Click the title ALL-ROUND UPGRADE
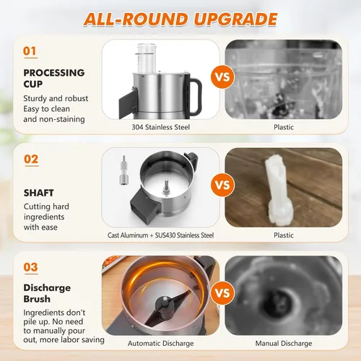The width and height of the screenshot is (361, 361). [x=180, y=19]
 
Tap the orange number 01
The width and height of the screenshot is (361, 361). [x=30, y=51]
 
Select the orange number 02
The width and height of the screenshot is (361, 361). [x=31, y=160]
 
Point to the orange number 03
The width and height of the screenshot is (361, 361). [x=30, y=267]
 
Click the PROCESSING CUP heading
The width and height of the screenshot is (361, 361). [x=54, y=78]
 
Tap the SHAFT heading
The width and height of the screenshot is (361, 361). [x=39, y=193]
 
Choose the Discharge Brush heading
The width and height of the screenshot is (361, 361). [x=47, y=293]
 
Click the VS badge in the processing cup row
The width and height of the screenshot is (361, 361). [x=222, y=77]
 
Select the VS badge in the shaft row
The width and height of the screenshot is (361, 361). [x=222, y=185]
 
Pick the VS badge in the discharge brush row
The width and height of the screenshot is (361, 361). [x=222, y=293]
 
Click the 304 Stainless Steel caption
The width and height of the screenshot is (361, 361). [x=161, y=127]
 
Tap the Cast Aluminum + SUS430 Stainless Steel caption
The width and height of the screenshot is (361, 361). [x=160, y=235]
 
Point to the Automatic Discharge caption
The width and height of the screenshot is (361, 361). [x=161, y=344]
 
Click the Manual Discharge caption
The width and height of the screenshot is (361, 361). [x=284, y=344]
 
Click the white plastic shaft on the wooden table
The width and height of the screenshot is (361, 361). [x=279, y=190]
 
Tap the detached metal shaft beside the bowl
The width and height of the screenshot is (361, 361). [x=123, y=170]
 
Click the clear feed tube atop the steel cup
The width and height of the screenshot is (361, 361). [x=146, y=58]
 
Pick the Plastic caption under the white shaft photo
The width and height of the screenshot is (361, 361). [x=284, y=235]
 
